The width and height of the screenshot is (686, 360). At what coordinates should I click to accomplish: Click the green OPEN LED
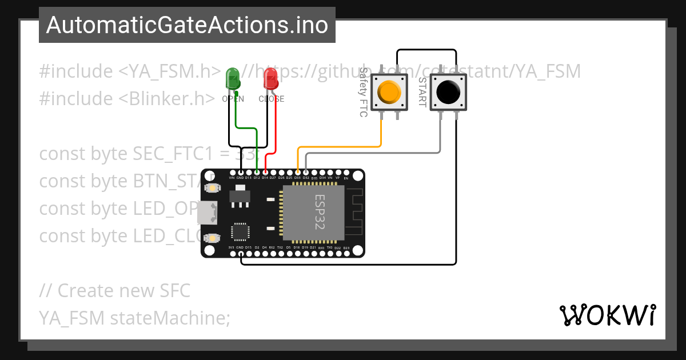click(233, 78)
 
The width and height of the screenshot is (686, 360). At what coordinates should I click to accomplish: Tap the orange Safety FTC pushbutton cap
click(389, 91)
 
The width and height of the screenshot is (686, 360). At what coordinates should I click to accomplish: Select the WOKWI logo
click(608, 315)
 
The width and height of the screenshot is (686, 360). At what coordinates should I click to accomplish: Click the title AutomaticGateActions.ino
click(187, 25)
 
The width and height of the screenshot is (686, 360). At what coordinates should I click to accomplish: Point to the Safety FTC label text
click(363, 92)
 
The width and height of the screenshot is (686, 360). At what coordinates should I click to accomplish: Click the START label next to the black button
click(422, 92)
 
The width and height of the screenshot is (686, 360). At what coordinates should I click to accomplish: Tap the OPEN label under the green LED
click(233, 99)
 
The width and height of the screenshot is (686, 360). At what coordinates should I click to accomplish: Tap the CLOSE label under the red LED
click(271, 99)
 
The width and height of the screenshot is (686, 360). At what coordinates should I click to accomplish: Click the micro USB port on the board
click(207, 213)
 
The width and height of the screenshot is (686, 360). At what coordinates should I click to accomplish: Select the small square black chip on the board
click(240, 231)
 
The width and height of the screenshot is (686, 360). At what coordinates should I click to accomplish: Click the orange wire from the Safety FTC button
click(343, 147)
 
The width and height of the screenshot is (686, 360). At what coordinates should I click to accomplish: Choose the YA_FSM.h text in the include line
click(170, 71)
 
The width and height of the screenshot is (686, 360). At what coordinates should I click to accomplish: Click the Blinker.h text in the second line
click(167, 99)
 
